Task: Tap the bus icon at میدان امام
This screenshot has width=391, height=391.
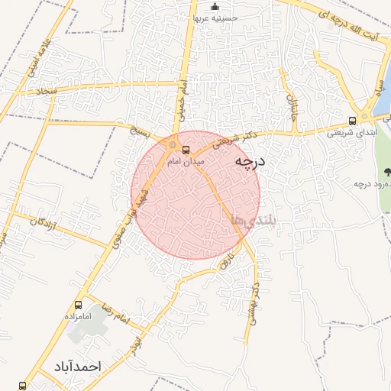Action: (x=186, y=150)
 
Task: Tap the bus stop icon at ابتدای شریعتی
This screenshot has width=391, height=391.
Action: (x=352, y=120)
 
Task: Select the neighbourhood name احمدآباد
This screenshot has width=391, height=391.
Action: (x=76, y=367)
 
